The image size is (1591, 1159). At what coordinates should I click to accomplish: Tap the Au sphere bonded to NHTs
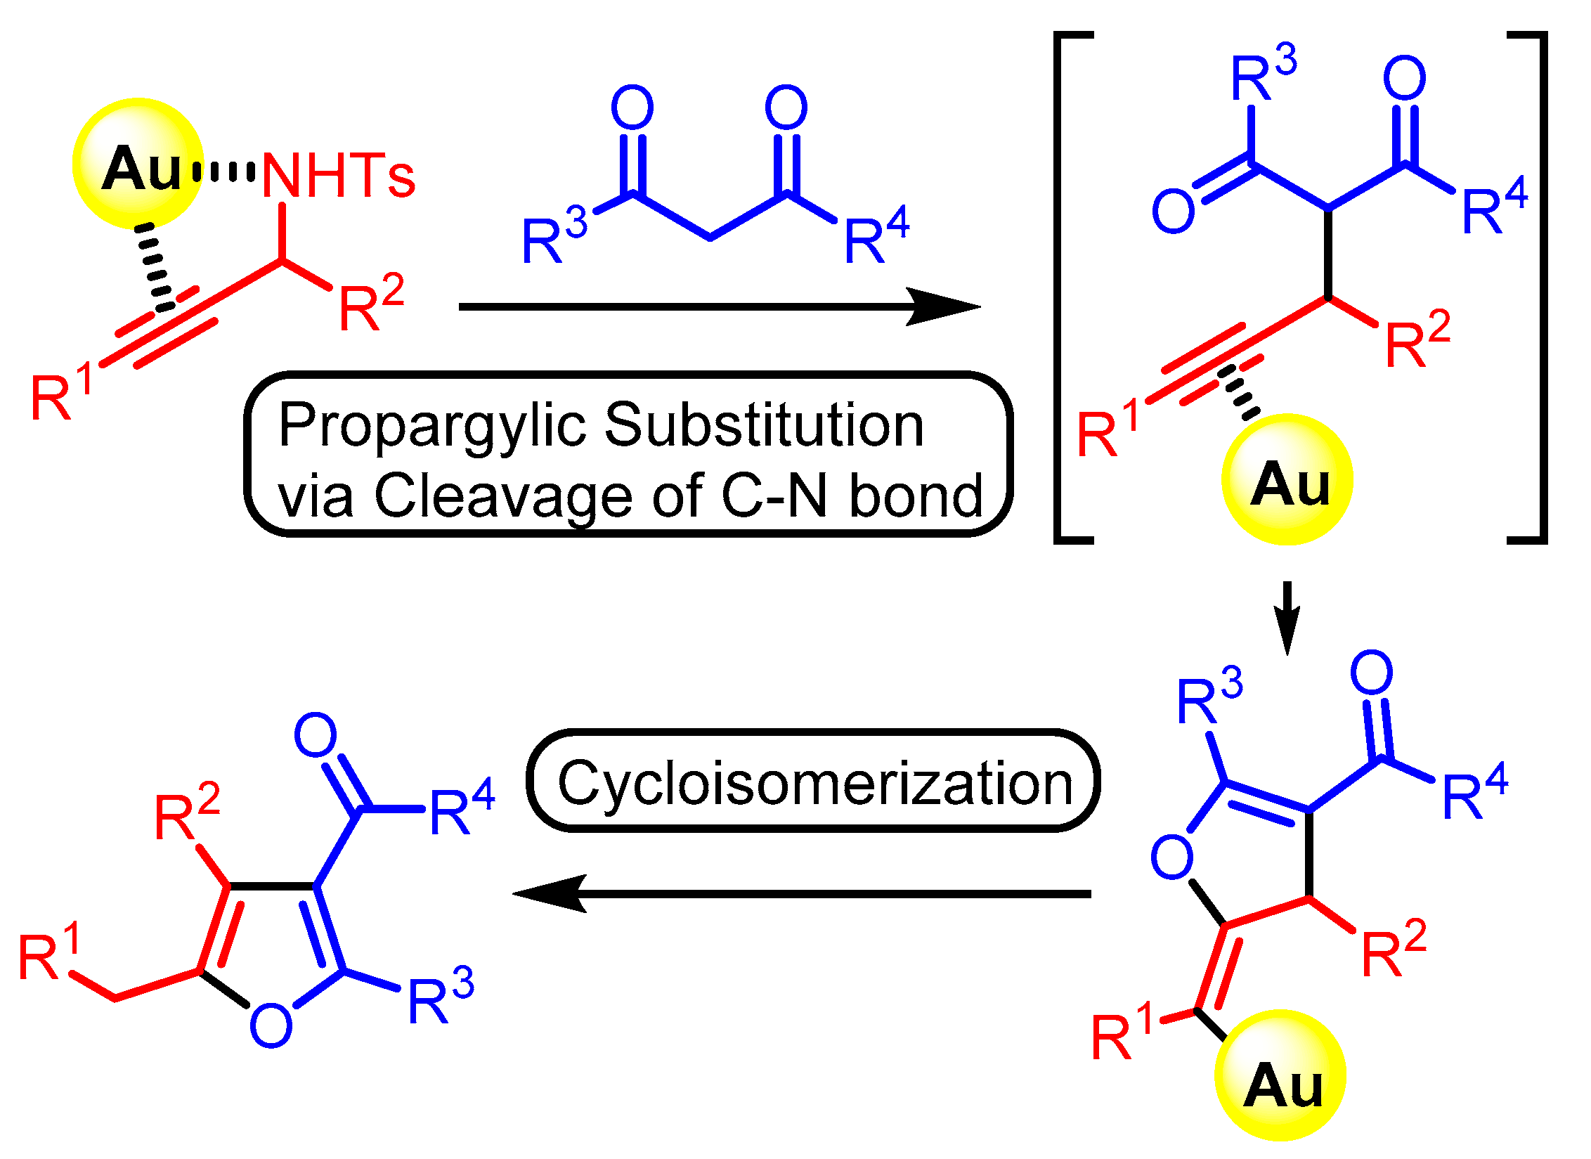pos(138,164)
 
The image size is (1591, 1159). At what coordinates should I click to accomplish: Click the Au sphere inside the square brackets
pos(1287,480)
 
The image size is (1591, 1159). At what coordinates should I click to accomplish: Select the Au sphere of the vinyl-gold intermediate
pos(1280,1076)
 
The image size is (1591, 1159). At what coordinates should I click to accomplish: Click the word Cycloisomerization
pos(814,783)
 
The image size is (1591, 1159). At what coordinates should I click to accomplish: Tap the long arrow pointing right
pos(717,306)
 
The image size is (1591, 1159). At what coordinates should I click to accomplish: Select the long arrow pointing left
pos(801,893)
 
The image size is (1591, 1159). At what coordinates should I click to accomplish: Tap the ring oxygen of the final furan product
pos(271,1027)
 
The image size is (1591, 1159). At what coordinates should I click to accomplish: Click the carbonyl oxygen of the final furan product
pos(316,735)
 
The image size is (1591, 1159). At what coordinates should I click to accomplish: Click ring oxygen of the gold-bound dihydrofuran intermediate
pos(1171,857)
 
